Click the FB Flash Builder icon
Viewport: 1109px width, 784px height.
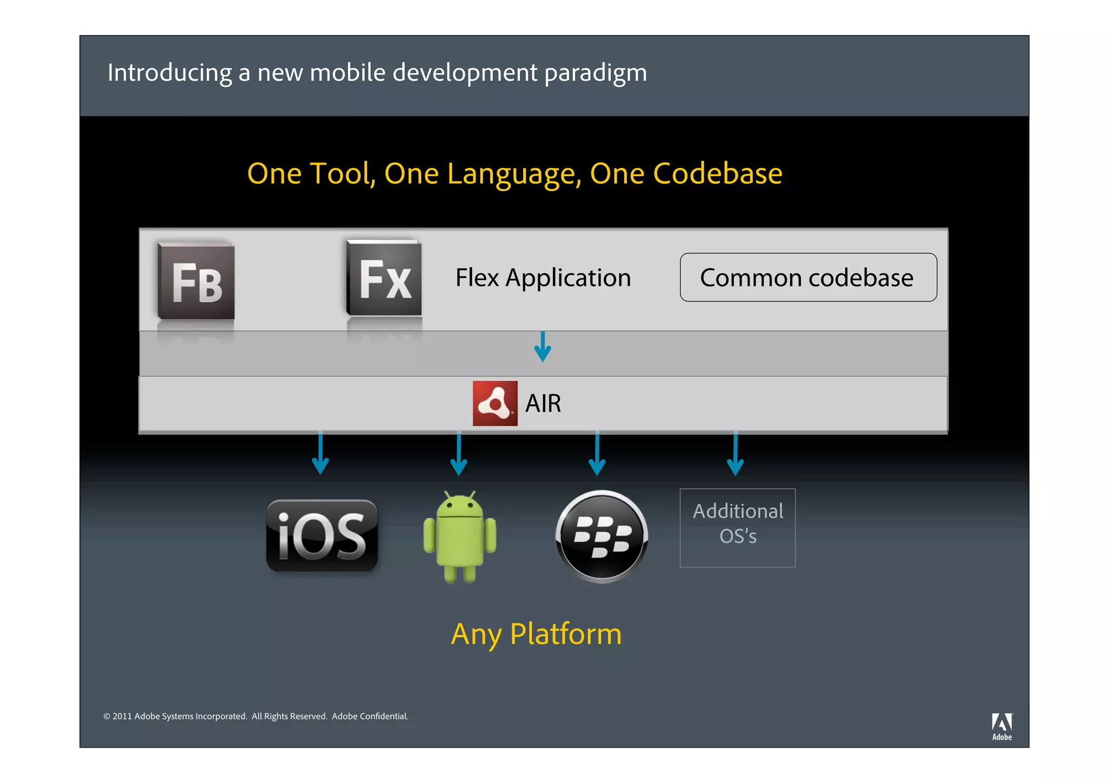[x=196, y=282]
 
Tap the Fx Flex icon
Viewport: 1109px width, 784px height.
[x=384, y=278]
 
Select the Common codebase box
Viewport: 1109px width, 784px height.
[x=808, y=277]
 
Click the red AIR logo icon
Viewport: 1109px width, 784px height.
[x=495, y=403]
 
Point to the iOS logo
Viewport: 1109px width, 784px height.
[x=322, y=535]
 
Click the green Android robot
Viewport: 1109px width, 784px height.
[x=460, y=537]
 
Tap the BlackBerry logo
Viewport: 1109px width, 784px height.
[x=602, y=536]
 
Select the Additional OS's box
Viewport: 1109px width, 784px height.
[x=738, y=528]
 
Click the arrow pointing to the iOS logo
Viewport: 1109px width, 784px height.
[x=321, y=453]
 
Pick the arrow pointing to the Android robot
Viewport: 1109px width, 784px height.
[x=459, y=454]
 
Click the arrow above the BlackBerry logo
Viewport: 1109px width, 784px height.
[x=597, y=454]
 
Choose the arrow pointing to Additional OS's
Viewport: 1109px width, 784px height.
[x=735, y=454]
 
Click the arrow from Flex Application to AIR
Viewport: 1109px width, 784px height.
[x=543, y=347]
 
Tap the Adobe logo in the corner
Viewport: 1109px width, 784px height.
[x=1002, y=726]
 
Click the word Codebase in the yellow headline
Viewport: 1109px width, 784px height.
[x=717, y=174]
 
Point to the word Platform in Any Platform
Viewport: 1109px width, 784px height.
[x=566, y=634]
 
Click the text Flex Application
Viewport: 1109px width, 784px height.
[x=543, y=278]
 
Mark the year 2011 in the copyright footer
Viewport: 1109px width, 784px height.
[x=122, y=716]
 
